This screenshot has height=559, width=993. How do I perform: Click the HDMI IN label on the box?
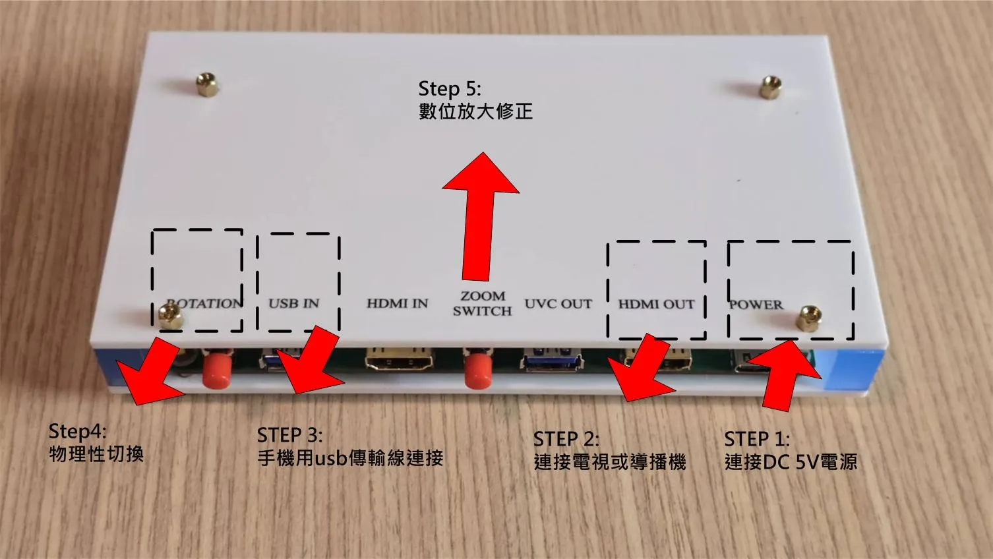coord(397,304)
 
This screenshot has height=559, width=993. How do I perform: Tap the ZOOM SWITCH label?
coord(482,303)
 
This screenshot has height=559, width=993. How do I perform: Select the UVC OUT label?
coord(558,304)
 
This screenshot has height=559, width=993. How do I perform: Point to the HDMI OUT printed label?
coord(656,304)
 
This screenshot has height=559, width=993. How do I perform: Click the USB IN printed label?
coord(294,303)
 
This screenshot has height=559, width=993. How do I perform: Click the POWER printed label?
coord(756,305)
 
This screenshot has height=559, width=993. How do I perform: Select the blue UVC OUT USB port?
coord(553,361)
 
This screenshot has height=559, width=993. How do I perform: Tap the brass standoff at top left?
coord(208,86)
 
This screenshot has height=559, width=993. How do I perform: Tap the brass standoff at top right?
coord(768,86)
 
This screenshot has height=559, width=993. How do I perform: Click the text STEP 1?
coord(756,439)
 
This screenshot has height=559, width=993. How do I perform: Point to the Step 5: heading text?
coord(450,89)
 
